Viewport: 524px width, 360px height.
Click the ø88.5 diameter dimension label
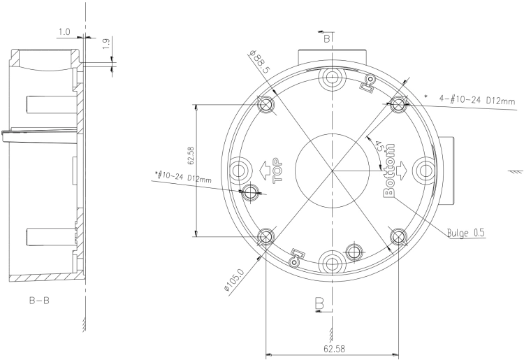(259, 62)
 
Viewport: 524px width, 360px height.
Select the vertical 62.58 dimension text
(191, 155)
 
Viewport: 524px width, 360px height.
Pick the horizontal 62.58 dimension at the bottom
(334, 349)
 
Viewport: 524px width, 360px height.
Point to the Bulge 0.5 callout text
(466, 233)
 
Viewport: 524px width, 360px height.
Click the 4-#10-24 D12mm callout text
(477, 99)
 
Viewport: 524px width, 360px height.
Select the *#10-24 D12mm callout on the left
(183, 177)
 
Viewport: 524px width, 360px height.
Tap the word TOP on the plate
(277, 171)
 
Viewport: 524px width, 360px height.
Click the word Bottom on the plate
(389, 170)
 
